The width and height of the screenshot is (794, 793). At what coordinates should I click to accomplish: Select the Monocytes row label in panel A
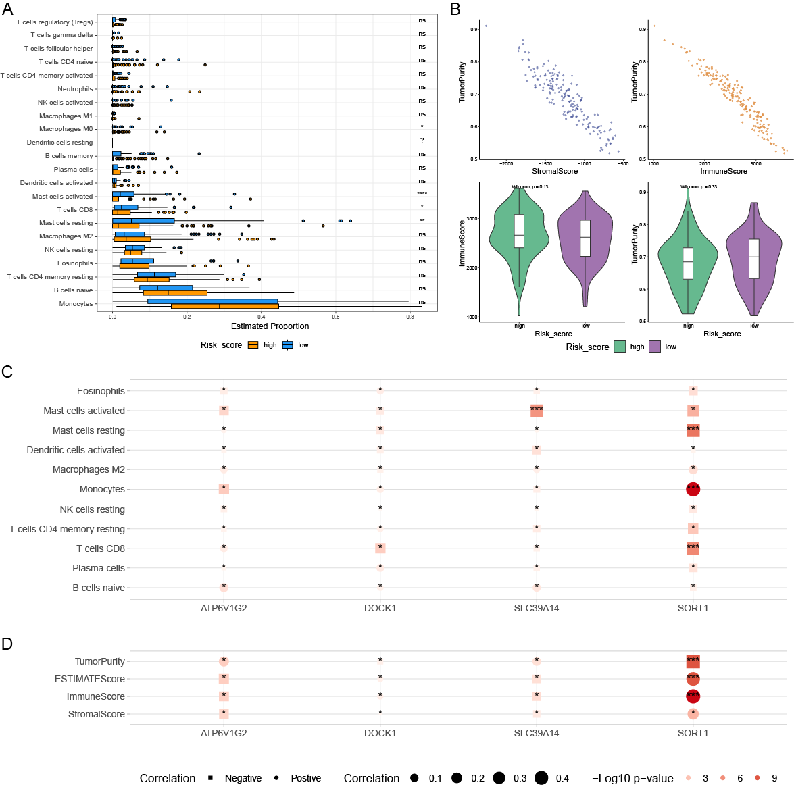coord(76,304)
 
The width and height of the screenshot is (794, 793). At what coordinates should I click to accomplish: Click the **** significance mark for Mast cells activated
coord(422,194)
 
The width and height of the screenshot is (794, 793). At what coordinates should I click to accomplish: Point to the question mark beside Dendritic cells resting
coord(422,140)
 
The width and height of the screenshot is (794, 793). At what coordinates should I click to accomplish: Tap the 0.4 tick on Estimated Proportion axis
coord(262,316)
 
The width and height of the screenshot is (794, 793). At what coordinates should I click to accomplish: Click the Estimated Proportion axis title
coord(270,326)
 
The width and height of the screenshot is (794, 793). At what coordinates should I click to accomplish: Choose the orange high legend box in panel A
coord(253,345)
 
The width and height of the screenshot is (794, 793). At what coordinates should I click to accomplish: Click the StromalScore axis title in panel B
coord(554,172)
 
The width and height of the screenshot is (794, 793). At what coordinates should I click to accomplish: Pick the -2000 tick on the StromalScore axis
coord(505,163)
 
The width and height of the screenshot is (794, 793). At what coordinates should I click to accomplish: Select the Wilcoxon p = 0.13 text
coord(529,187)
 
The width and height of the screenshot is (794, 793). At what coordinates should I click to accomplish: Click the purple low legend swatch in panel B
coord(655,347)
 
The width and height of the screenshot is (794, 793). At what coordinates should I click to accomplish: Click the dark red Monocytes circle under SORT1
coord(693,489)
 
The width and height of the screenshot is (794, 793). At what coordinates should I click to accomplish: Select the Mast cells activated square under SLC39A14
coord(537,410)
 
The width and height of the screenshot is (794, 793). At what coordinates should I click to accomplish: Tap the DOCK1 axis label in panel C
coord(380,608)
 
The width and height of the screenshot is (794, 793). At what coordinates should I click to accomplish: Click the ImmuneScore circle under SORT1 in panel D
coord(693,696)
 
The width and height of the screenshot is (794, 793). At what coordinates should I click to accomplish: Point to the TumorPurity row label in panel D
coord(99,661)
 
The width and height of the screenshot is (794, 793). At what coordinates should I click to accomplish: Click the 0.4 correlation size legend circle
coord(541,778)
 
